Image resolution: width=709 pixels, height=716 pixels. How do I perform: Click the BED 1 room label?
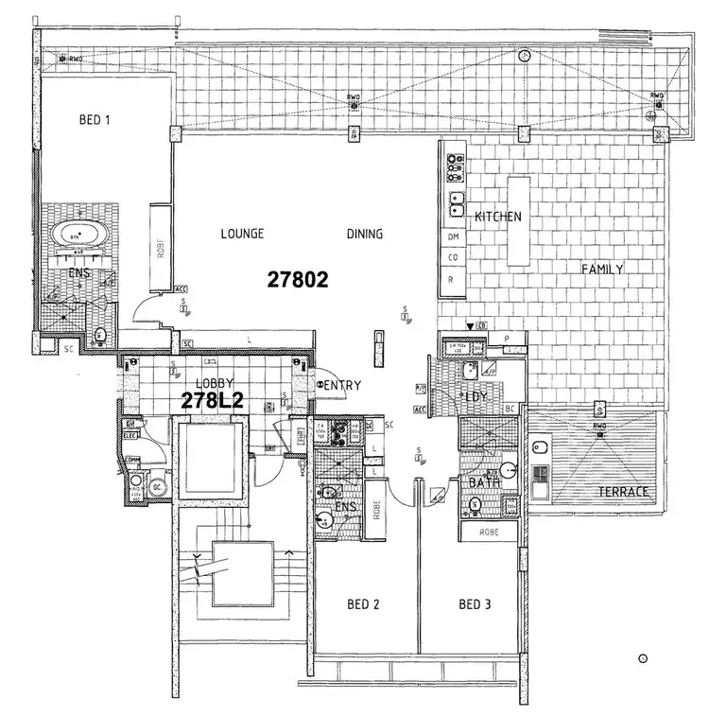(x=95, y=121)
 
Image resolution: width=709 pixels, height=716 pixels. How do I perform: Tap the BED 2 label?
(x=364, y=604)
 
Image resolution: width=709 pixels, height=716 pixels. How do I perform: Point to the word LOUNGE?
(x=242, y=235)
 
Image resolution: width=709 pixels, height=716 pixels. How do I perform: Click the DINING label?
(x=365, y=235)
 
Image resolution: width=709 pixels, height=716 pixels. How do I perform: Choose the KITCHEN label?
(x=498, y=217)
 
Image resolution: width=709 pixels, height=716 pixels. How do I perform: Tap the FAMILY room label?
(x=602, y=270)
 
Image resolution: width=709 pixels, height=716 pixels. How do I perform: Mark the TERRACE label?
(x=624, y=493)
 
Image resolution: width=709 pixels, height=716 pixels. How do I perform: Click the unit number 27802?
(x=297, y=280)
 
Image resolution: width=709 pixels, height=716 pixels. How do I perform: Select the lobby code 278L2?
(x=214, y=401)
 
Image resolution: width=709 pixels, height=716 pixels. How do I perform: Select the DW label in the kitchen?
(x=453, y=237)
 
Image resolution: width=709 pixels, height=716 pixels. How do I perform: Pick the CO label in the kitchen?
(x=453, y=257)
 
